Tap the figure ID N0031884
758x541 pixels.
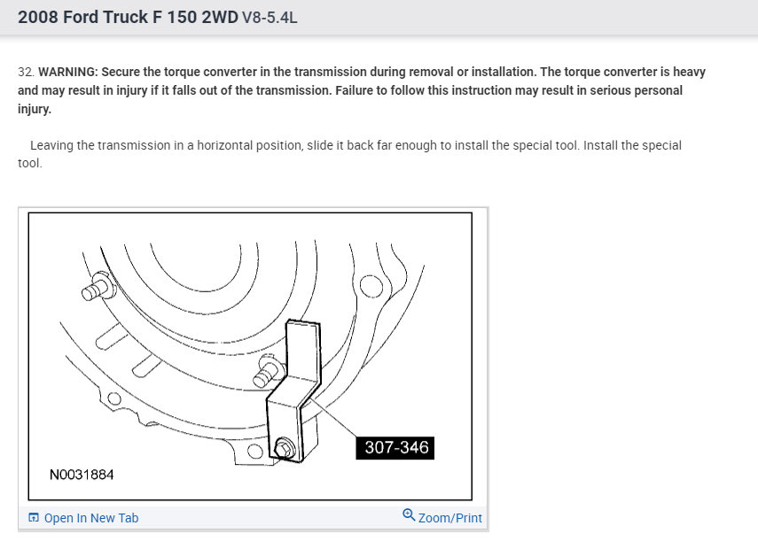tap(82, 475)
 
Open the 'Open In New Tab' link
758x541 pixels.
tap(91, 518)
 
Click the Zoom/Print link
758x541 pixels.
tap(450, 518)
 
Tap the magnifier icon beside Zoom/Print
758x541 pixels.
tap(409, 515)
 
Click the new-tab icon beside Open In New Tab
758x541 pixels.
tap(34, 517)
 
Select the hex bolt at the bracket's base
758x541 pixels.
tap(285, 448)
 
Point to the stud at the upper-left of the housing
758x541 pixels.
tap(98, 286)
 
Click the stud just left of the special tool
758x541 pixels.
tap(268, 371)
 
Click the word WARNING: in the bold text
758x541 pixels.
tap(68, 72)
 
